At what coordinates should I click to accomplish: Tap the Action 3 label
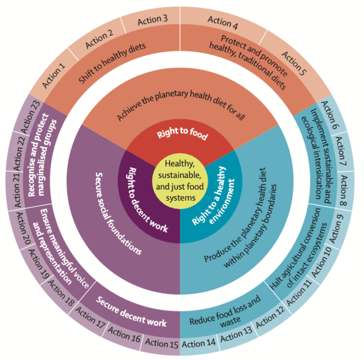152,20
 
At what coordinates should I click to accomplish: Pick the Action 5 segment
292,65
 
